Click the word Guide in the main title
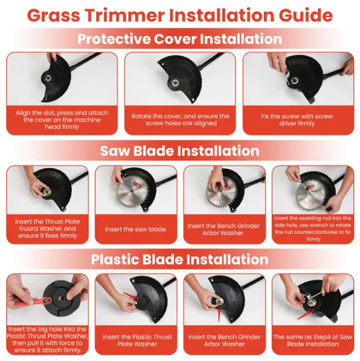point(306,15)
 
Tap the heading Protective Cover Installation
point(179,39)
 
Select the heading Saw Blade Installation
point(179,151)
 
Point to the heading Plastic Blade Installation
point(179,260)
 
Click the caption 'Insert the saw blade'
point(135,230)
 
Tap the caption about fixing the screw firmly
point(297,119)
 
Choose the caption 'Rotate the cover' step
point(181,119)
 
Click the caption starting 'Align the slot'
point(62,119)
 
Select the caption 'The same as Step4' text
point(313,340)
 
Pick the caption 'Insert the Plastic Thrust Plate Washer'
point(137,340)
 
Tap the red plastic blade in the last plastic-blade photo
point(306,314)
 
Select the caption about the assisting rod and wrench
point(313,228)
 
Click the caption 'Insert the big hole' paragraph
point(47,340)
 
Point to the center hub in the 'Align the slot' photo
point(48,78)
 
